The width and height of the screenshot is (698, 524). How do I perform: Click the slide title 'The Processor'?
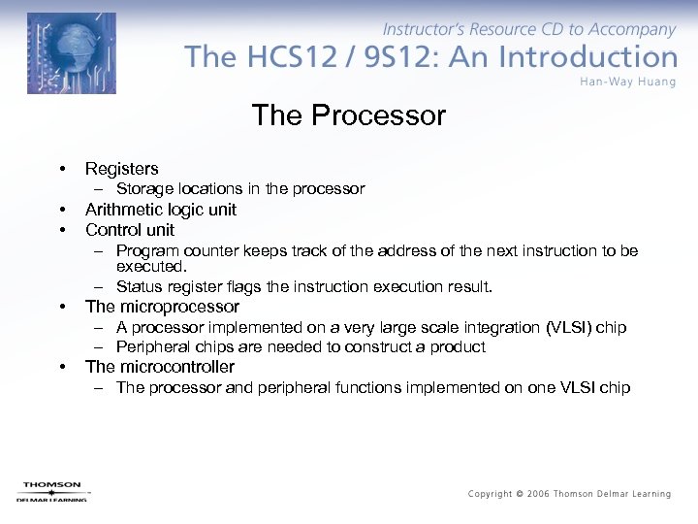pos(348,115)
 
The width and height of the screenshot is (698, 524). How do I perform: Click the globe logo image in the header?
pos(71,53)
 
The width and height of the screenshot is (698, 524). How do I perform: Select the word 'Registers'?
pos(121,169)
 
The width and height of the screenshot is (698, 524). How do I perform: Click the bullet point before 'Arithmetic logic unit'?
pos(61,210)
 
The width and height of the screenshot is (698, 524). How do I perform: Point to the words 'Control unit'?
pos(130,230)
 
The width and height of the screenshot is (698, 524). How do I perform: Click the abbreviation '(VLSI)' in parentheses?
pos(566,327)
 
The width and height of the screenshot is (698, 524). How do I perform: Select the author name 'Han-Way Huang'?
pos(628,82)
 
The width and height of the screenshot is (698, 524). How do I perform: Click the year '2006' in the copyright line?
pos(540,494)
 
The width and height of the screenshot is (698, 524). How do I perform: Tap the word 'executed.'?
pos(150,266)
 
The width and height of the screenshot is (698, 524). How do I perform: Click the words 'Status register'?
pos(167,287)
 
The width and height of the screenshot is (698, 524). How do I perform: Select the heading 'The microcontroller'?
pos(159,367)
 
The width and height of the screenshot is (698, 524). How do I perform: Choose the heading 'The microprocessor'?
pos(162,307)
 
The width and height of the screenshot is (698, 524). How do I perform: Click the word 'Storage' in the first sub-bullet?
pos(144,189)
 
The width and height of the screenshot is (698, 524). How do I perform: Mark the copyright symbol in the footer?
pos(521,494)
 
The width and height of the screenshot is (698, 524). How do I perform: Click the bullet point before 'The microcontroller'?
pos(61,367)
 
